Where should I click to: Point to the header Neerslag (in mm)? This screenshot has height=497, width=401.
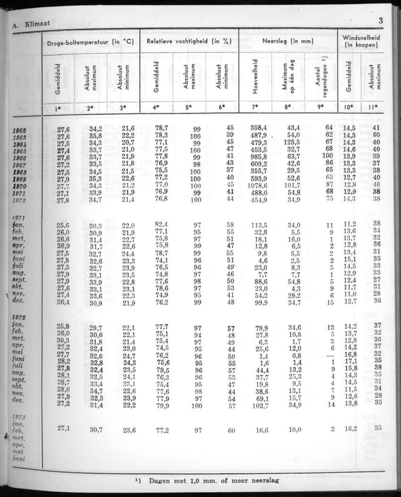pyautogui.click(x=288, y=42)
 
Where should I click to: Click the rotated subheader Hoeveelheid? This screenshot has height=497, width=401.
pyautogui.click(x=255, y=76)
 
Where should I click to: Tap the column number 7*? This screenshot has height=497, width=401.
pyautogui.click(x=255, y=107)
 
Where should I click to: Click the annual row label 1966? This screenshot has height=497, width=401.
pyautogui.click(x=20, y=158)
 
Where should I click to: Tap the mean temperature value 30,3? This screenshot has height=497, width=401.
pyautogui.click(x=63, y=341)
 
